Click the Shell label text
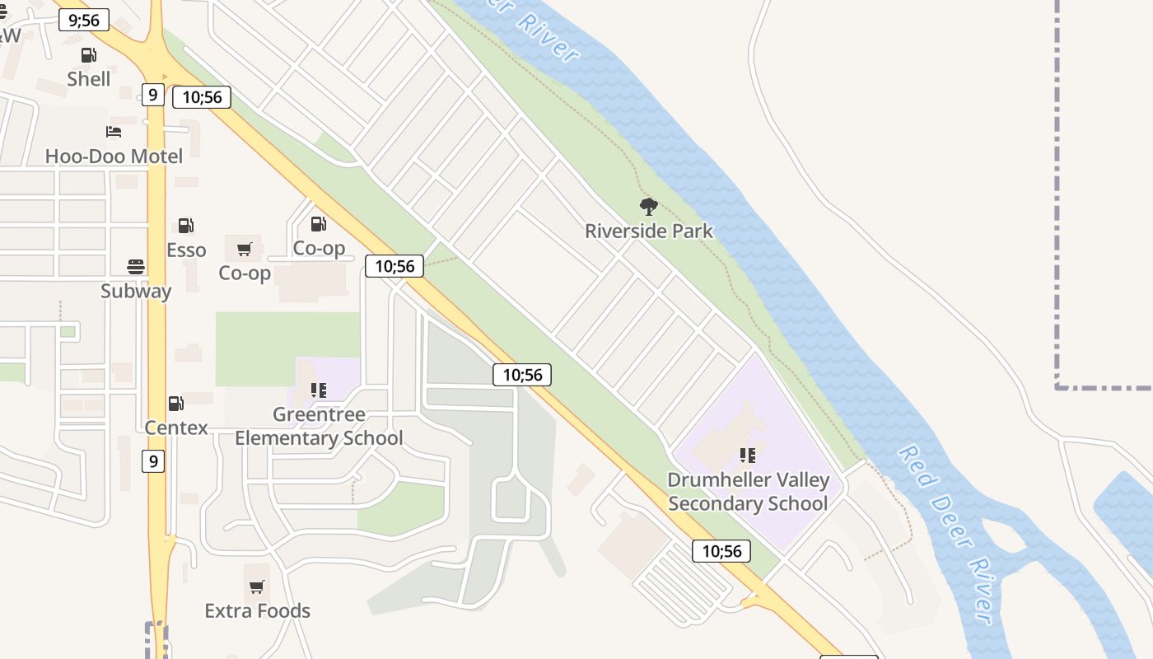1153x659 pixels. coord(89,79)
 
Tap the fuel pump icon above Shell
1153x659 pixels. coord(88,55)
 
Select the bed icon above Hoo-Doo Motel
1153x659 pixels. coord(114,132)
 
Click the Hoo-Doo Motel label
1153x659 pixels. coord(114,156)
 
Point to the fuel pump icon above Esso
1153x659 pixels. coord(186,226)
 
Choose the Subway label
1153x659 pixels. coord(136,291)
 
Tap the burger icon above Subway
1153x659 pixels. coord(136,267)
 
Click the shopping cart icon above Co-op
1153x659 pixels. coord(245,249)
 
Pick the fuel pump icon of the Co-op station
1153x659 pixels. coord(318,224)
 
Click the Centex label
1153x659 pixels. coord(176,428)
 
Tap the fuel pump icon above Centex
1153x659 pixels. coord(175,404)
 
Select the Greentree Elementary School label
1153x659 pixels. coord(319,426)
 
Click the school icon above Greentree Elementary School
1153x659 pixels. coord(319,390)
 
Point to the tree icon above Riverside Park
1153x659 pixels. coord(649,207)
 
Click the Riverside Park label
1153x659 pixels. coord(649,231)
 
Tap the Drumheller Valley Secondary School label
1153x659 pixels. coord(748,491)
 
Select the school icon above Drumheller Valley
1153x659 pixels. coord(748,455)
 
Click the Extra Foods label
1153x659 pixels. coord(258,610)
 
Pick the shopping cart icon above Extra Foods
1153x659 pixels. coord(257,587)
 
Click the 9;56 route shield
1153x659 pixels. coord(84,21)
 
